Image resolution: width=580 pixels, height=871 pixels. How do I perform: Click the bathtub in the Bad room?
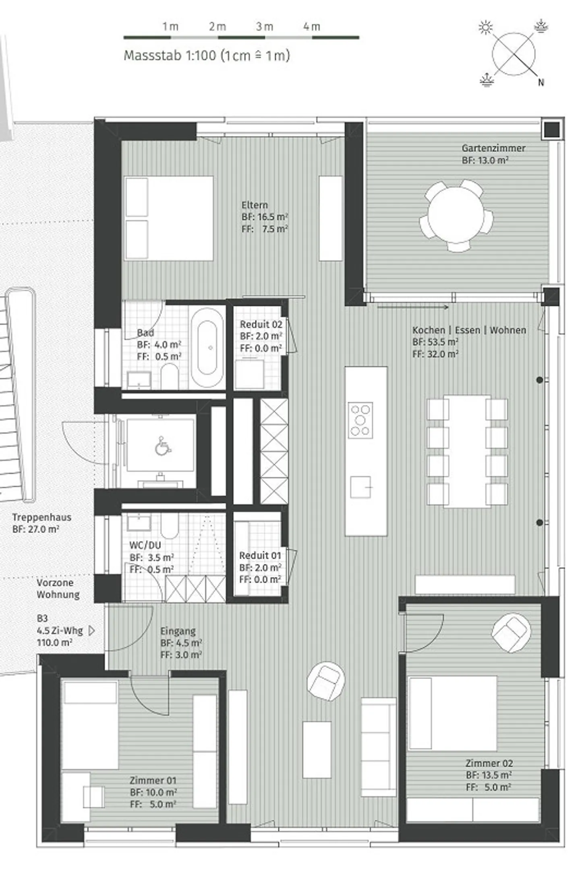tap(207, 348)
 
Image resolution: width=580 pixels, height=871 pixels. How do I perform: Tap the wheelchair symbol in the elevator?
tap(162, 446)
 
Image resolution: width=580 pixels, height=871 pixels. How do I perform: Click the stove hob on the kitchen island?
tap(360, 420)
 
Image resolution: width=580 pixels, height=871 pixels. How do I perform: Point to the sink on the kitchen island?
tap(360, 487)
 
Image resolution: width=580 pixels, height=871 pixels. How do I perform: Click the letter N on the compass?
tap(541, 82)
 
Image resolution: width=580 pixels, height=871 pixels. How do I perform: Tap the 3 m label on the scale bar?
tap(265, 27)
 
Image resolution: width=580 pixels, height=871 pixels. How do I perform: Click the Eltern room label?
tap(255, 205)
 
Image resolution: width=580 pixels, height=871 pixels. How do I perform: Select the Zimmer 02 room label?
tap(489, 763)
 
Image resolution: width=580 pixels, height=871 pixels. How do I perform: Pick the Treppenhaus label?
tap(42, 517)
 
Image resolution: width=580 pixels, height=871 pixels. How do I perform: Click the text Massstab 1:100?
tap(170, 55)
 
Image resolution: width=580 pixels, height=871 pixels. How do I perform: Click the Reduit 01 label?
tap(260, 556)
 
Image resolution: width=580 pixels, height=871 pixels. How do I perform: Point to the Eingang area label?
tap(178, 631)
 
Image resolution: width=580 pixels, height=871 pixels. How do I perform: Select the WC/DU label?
tap(145, 546)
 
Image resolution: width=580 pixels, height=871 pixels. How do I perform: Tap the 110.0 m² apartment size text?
tap(55, 642)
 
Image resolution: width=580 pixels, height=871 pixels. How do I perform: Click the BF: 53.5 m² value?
tap(435, 342)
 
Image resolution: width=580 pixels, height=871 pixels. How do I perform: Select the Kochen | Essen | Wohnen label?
tap(469, 330)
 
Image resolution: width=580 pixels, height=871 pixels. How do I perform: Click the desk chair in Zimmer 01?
tap(93, 797)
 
